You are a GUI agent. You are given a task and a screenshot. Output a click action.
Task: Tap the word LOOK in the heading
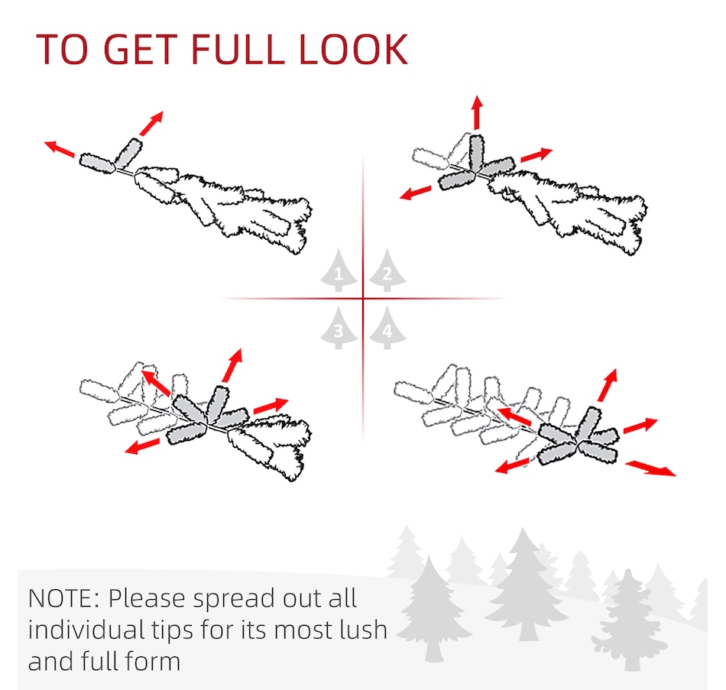point(354,49)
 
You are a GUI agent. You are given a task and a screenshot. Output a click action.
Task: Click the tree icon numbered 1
point(339,270)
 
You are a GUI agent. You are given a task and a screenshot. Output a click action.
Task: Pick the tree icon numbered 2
point(387,270)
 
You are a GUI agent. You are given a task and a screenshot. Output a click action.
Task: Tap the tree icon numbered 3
point(339,327)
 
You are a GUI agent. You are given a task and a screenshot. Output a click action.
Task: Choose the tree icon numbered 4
point(387,327)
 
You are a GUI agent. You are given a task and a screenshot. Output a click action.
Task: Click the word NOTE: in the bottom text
point(64,598)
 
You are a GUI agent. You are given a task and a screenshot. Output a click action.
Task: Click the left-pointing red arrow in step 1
point(60,149)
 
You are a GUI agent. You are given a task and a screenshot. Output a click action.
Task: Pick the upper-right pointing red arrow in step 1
point(152,123)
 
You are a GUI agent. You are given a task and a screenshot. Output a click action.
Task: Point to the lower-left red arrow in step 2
point(415,193)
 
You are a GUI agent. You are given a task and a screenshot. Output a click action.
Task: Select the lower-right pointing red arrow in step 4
point(650,468)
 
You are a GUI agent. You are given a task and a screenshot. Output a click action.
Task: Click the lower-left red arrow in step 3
point(142,446)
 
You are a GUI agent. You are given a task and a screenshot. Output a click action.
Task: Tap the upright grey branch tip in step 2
point(476,154)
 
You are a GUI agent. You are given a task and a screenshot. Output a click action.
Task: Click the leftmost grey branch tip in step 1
point(97,163)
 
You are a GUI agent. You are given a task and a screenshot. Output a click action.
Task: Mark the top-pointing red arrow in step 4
point(608,385)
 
